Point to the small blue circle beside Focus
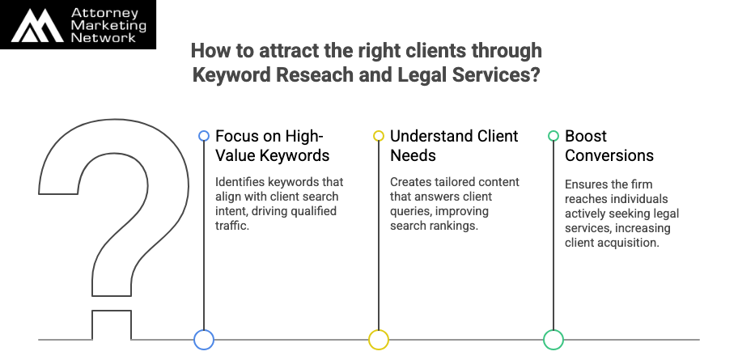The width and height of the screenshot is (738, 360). pyautogui.click(x=204, y=136)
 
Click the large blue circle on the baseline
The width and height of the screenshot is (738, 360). pyautogui.click(x=204, y=340)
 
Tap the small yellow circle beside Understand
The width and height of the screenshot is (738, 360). pyautogui.click(x=379, y=136)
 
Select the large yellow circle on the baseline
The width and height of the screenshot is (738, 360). pyautogui.click(x=379, y=340)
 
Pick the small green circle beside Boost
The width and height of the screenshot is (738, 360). pyautogui.click(x=553, y=136)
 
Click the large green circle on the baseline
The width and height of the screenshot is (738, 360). pyautogui.click(x=553, y=340)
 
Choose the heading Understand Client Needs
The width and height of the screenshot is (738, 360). pyautogui.click(x=453, y=146)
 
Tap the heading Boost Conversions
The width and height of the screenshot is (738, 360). pyautogui.click(x=609, y=146)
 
